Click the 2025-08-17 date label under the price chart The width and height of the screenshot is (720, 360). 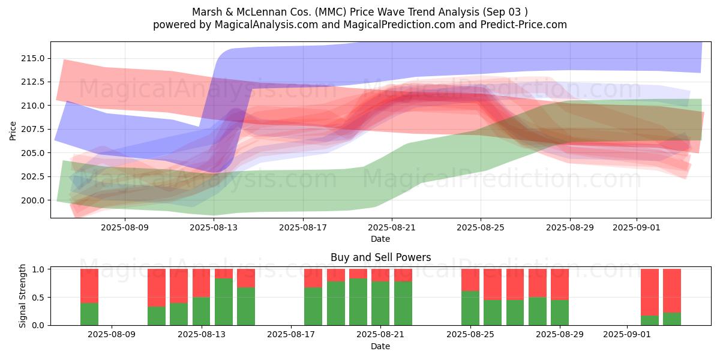click(303, 227)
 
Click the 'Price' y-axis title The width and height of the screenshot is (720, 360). click(13, 130)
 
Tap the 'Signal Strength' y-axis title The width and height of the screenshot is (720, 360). click(23, 296)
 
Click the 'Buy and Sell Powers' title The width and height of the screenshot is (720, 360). click(380, 257)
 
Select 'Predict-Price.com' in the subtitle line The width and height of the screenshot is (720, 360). click(518, 25)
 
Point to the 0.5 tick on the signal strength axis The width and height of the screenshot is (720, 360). click(39, 298)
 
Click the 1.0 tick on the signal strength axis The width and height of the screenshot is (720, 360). click(39, 269)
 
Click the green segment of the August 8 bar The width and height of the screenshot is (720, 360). click(89, 314)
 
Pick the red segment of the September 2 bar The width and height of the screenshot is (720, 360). click(650, 292)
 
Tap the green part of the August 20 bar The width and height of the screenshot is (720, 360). click(358, 302)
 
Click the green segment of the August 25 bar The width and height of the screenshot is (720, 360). click(470, 308)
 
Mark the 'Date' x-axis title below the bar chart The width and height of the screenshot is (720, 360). click(380, 347)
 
